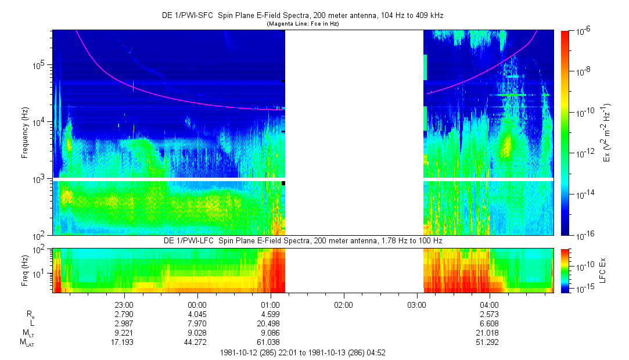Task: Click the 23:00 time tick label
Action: pos(124,304)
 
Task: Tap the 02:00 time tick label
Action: pos(343,304)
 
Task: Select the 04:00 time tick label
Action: pos(489,304)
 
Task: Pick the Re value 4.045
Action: pos(197,314)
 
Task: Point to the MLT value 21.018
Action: pos(489,333)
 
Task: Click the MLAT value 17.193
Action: pos(124,342)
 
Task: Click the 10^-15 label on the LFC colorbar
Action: pos(581,289)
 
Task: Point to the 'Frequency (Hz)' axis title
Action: pos(25,133)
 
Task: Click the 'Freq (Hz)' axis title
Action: pos(25,271)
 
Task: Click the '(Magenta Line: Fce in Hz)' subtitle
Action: pos(303,24)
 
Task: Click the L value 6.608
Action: pos(489,323)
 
